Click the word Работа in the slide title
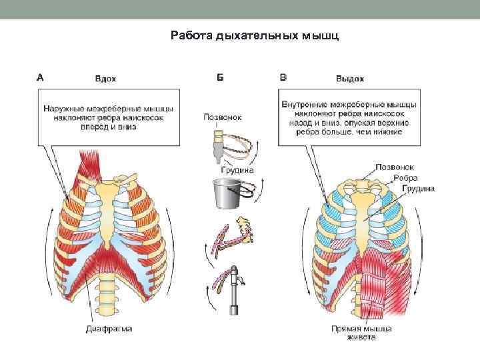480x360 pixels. pyautogui.click(x=191, y=35)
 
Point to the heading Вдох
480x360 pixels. pyautogui.click(x=105, y=78)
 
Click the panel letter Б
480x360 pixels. pyautogui.click(x=220, y=77)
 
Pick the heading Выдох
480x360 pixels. pyautogui.click(x=350, y=78)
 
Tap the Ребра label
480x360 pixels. pyautogui.click(x=405, y=178)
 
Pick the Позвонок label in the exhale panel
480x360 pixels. pyautogui.click(x=395, y=167)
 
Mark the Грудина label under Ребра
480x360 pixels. pyautogui.click(x=418, y=189)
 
